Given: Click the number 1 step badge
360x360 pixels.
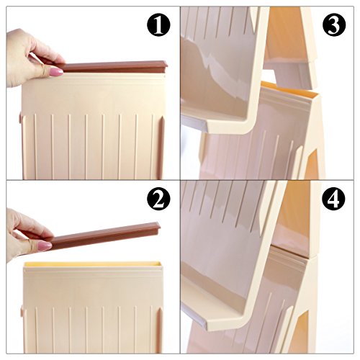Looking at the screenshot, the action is pos(158,24).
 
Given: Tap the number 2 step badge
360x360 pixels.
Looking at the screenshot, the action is pos(158,199).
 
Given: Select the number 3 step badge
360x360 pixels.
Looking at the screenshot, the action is pos(334,24).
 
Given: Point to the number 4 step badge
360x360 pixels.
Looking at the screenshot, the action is pos(334,199).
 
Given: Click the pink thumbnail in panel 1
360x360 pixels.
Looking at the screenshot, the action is pos(56,71).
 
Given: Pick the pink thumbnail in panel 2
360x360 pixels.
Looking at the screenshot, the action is pos(45,246).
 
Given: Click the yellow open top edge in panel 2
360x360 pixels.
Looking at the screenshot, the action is pos(92,264).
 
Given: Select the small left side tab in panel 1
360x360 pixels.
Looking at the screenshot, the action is pos(20,119).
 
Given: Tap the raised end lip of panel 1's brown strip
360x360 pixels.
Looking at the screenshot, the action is pos(165,66).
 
